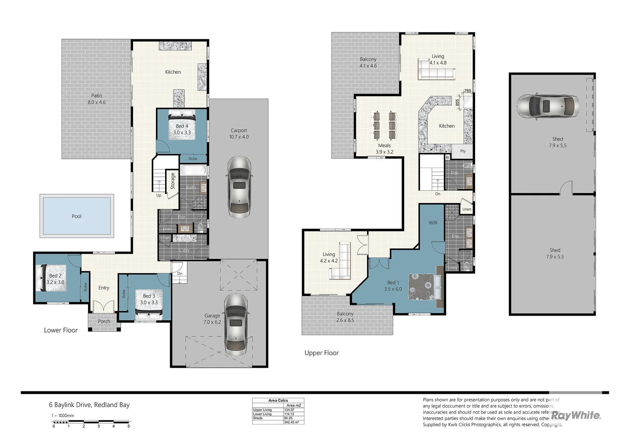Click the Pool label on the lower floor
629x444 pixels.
(77, 216)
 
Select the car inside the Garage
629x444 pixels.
(235, 324)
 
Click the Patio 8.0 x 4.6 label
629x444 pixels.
(96, 99)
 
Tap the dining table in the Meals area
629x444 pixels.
(384, 125)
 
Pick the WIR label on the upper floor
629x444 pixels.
(433, 223)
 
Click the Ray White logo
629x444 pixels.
(576, 415)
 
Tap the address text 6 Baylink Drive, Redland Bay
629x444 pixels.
(89, 405)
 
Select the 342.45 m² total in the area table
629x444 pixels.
(291, 422)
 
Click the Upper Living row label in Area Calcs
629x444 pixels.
(262, 410)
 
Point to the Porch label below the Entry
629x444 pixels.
(104, 321)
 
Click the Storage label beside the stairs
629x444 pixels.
(172, 181)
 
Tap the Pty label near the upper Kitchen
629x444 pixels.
(463, 151)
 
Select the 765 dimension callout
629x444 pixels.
(467, 91)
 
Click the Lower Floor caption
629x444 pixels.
(61, 330)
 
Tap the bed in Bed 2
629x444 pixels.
(51, 278)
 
